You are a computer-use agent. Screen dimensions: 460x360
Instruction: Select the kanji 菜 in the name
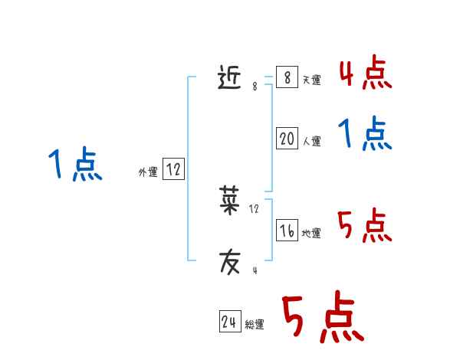pyautogui.click(x=229, y=201)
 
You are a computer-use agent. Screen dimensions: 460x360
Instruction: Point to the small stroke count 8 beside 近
pyautogui.click(x=255, y=87)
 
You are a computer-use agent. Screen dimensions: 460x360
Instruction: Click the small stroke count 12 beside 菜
pyautogui.click(x=255, y=208)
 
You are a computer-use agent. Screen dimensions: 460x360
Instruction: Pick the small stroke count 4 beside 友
pyautogui.click(x=255, y=270)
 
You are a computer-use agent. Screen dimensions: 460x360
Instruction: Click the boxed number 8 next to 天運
pyautogui.click(x=287, y=77)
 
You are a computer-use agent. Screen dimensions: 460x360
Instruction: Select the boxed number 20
pyautogui.click(x=287, y=139)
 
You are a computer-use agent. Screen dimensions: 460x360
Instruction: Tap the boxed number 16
pyautogui.click(x=287, y=231)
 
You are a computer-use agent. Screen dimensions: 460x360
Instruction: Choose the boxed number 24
pyautogui.click(x=229, y=322)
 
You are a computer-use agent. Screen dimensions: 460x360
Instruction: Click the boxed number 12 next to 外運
pyautogui.click(x=173, y=169)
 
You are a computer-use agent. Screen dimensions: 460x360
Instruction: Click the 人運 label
pyautogui.click(x=311, y=142)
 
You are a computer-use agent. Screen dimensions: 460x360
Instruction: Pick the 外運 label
pyautogui.click(x=148, y=172)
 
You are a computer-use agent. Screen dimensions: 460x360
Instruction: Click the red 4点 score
pyautogui.click(x=365, y=73)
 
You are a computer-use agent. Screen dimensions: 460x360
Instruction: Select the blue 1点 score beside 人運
pyautogui.click(x=365, y=134)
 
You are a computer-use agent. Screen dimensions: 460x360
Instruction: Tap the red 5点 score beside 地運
pyautogui.click(x=365, y=225)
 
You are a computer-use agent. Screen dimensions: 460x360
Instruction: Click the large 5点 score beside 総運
pyautogui.click(x=323, y=318)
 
